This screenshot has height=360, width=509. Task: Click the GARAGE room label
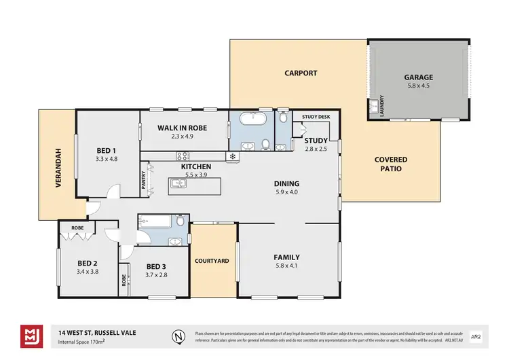pyautogui.click(x=418, y=77)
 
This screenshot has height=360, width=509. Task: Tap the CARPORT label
pyautogui.click(x=301, y=73)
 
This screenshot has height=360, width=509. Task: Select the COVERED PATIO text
pyautogui.click(x=392, y=164)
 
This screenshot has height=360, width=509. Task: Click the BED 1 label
pyautogui.click(x=106, y=150)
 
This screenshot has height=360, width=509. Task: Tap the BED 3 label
pyautogui.click(x=156, y=266)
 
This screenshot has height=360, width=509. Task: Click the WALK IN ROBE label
pyautogui.click(x=182, y=128)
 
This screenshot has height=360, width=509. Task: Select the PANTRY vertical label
pyautogui.click(x=144, y=179)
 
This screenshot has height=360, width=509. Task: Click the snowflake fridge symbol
pyautogui.click(x=233, y=156)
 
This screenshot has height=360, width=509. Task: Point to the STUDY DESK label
pyautogui.click(x=316, y=117)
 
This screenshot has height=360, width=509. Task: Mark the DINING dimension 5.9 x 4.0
pyautogui.click(x=286, y=192)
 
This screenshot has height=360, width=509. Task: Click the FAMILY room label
pyautogui.click(x=286, y=257)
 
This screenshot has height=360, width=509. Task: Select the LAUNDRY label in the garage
pyautogui.click(x=382, y=106)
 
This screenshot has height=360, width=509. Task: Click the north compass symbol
pyautogui.click(x=178, y=337)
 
